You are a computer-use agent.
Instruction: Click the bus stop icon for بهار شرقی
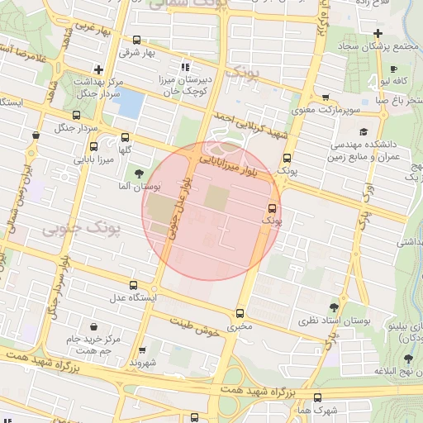point(136,39)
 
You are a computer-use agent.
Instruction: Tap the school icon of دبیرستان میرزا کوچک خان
point(185,67)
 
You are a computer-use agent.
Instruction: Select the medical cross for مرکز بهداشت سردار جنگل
point(99,69)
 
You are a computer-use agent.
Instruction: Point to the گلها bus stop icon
point(125,137)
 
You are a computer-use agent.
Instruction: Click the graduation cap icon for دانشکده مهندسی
point(364,131)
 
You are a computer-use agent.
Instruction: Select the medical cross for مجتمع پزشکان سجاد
point(378,33)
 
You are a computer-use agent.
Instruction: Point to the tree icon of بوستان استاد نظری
point(334,305)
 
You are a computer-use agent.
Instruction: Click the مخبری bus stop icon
point(240,313)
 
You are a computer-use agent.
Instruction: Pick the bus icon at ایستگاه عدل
point(124,281)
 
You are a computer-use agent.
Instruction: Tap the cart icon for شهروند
point(142,349)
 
